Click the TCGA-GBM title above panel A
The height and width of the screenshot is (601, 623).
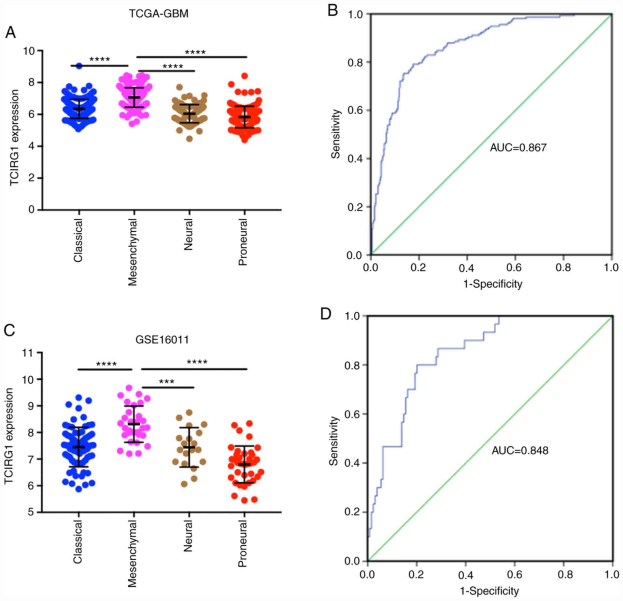pos(158,14)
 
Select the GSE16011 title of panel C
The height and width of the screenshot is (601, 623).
pos(162,340)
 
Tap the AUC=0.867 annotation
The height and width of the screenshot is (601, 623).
pos(518,148)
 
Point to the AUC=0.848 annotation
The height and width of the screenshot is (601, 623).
pos(520,450)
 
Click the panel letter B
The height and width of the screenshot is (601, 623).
pos(333,11)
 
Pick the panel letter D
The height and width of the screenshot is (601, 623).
pos(326,314)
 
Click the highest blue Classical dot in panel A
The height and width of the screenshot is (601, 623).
pos(79,66)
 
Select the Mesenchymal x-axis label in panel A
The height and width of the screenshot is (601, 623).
pos(133,252)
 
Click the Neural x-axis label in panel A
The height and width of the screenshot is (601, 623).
pos(188,234)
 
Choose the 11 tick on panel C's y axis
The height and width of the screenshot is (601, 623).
pos(30,353)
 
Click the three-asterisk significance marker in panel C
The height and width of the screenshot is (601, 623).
pos(167,381)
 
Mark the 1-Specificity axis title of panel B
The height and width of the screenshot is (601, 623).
pos(493,284)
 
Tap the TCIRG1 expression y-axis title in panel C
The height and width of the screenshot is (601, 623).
pos(9,435)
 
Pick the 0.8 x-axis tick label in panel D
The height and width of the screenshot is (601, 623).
pos(564,574)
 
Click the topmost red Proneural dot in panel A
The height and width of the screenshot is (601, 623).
pos(245,76)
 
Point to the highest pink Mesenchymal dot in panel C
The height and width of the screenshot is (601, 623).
pos(129,388)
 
